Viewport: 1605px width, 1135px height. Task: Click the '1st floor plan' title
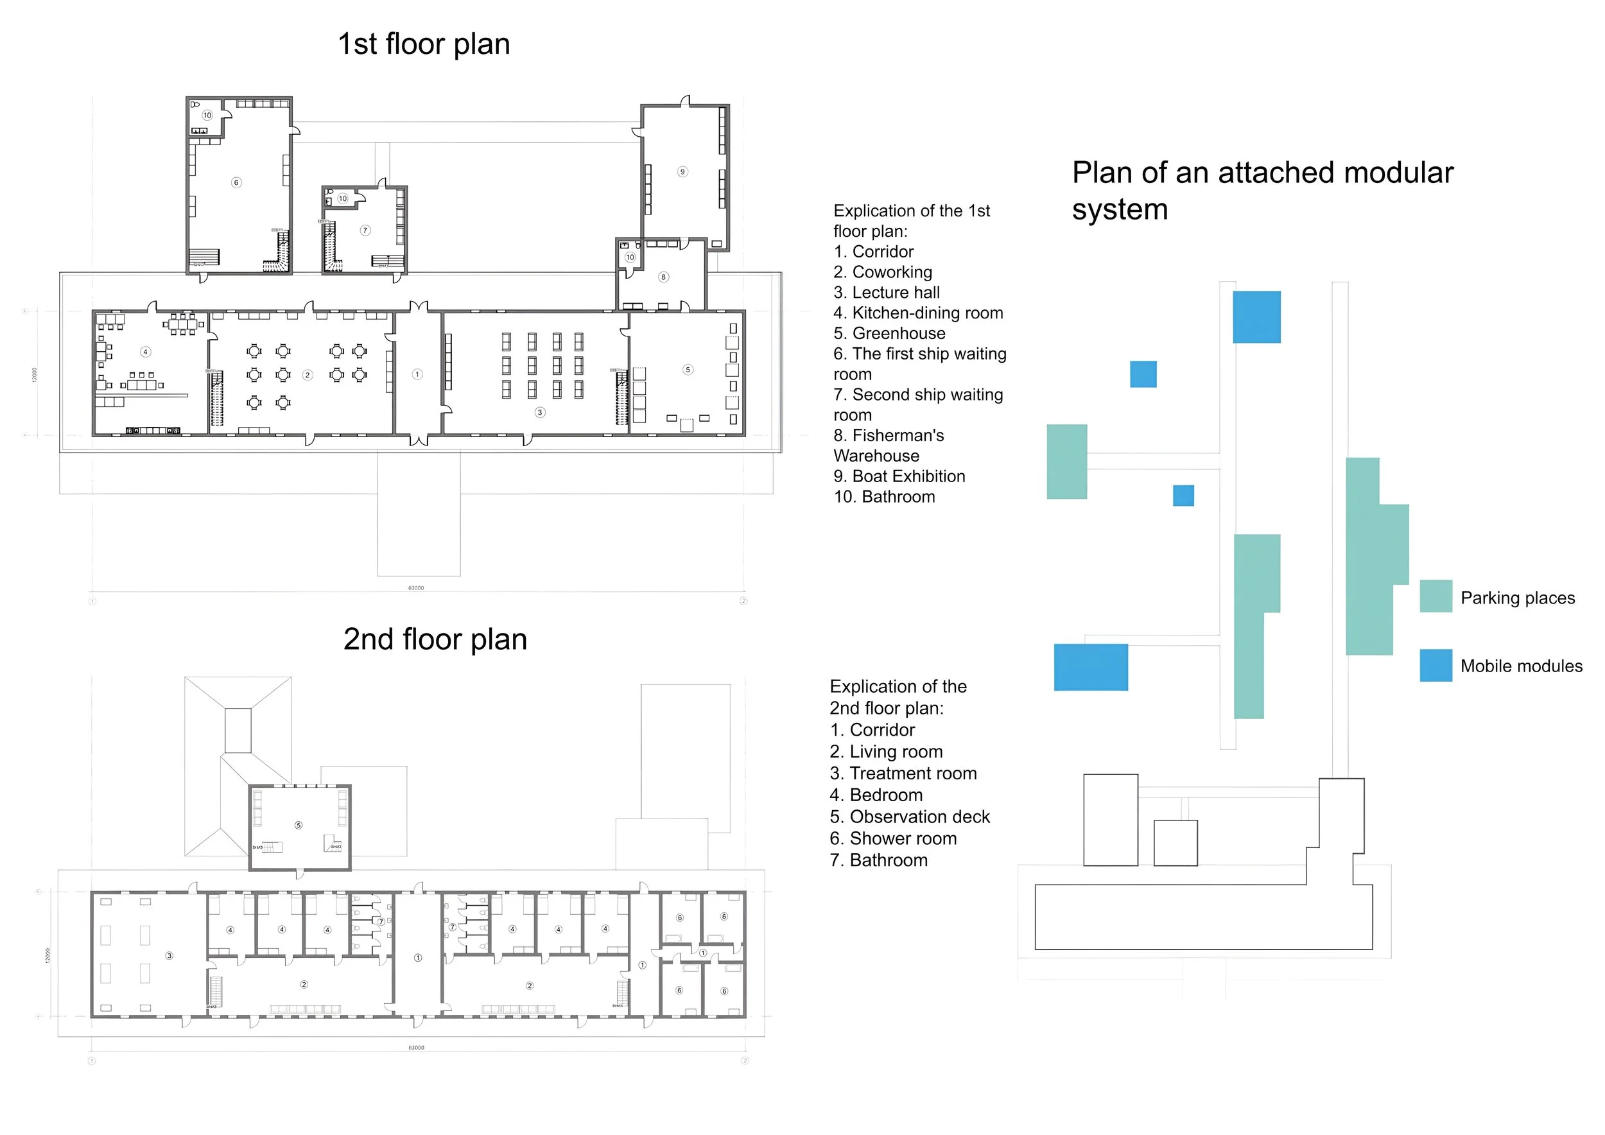[x=424, y=44]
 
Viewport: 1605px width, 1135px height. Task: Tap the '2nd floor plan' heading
[x=435, y=639]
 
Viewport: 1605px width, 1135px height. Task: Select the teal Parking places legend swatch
[x=1436, y=596]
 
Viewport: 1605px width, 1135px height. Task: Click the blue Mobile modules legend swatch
[x=1436, y=665]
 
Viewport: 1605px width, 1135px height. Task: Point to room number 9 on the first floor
[x=682, y=172]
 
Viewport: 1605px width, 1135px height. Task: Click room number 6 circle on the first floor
[x=236, y=182]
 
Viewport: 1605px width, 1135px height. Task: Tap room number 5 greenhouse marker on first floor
[x=688, y=370]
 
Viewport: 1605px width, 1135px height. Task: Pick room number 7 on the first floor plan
[x=365, y=230]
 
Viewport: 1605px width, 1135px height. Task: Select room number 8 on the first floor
[x=663, y=277]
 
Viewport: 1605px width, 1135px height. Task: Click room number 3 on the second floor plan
[x=169, y=955]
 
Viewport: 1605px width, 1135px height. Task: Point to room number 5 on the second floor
[x=299, y=826]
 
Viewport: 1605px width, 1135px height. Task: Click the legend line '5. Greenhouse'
[x=889, y=333]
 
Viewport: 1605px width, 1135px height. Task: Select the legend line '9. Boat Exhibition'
[x=899, y=476]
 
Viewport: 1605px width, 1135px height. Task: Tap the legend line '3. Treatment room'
[x=903, y=774]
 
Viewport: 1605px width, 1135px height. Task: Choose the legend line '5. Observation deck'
[x=910, y=817]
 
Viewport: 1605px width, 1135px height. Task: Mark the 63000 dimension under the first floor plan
[x=416, y=588]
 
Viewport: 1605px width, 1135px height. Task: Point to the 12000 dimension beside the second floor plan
[x=48, y=955]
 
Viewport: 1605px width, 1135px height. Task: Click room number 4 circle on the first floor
[x=145, y=352]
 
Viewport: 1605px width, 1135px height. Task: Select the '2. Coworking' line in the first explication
[x=882, y=272]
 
